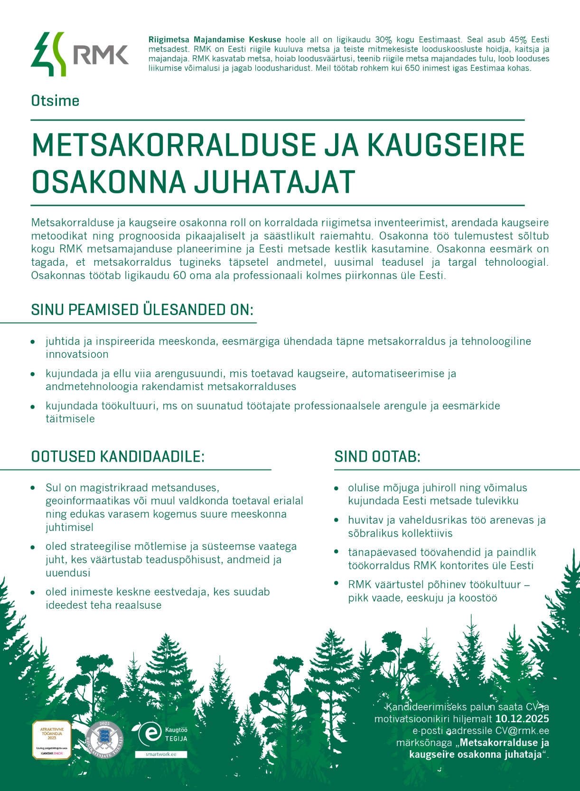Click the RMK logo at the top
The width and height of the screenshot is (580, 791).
tap(79, 54)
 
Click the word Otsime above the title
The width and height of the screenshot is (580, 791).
tap(55, 101)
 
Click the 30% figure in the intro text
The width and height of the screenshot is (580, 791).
tap(384, 40)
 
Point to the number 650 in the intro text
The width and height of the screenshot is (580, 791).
tap(413, 68)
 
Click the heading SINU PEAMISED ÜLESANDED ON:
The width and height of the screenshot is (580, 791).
tap(142, 310)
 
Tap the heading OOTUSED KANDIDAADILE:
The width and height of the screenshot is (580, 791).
tap(118, 456)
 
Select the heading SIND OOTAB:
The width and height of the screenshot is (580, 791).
tap(377, 456)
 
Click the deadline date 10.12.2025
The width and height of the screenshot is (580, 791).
tap(522, 718)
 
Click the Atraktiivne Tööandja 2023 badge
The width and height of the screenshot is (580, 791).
tap(52, 739)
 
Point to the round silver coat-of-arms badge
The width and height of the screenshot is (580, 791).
tap(104, 739)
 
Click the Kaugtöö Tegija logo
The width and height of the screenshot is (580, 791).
tap(161, 734)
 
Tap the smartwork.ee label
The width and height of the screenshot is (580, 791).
tap(161, 754)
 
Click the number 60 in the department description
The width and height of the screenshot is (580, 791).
tap(179, 275)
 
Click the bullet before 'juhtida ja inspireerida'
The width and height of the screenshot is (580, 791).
tap(33, 342)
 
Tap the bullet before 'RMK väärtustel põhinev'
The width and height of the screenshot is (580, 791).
tap(336, 584)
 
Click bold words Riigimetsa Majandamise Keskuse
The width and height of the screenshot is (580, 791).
tap(215, 40)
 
